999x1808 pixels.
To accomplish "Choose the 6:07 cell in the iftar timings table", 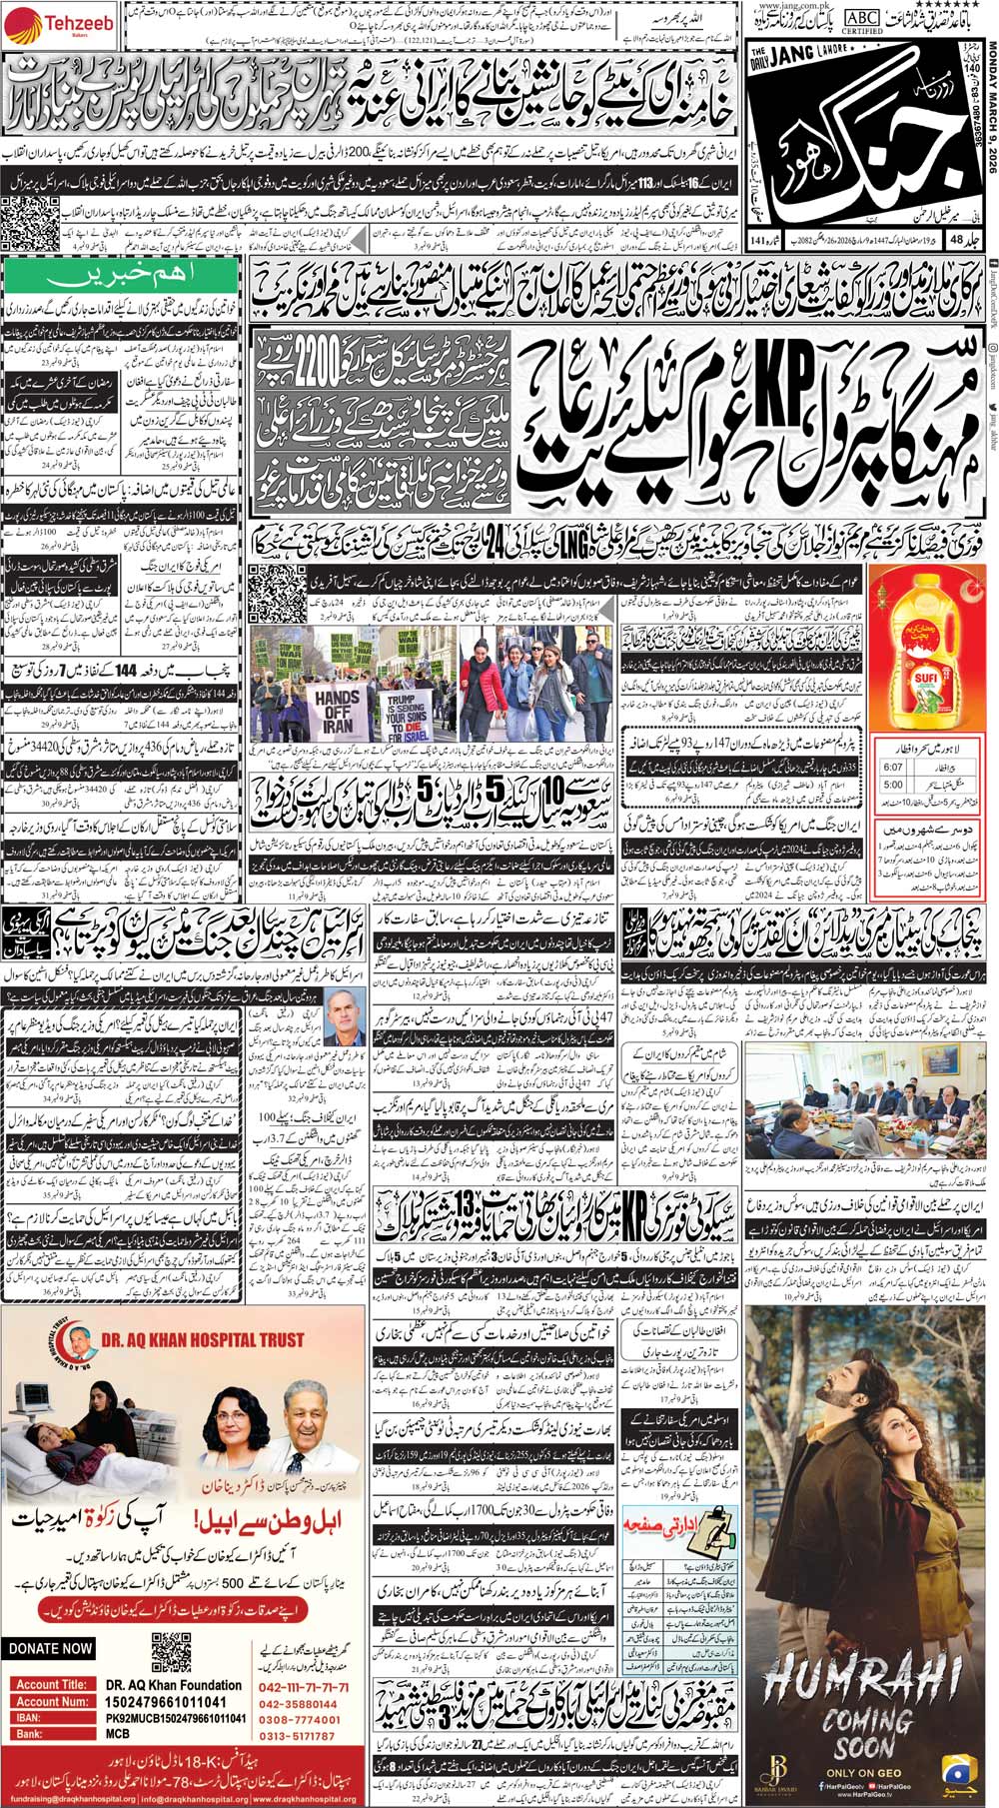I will (892, 768).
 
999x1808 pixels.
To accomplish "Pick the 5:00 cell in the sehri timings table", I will (892, 786).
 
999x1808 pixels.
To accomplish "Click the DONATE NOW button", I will (49, 1648).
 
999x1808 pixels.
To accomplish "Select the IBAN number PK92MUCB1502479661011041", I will (175, 1718).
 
